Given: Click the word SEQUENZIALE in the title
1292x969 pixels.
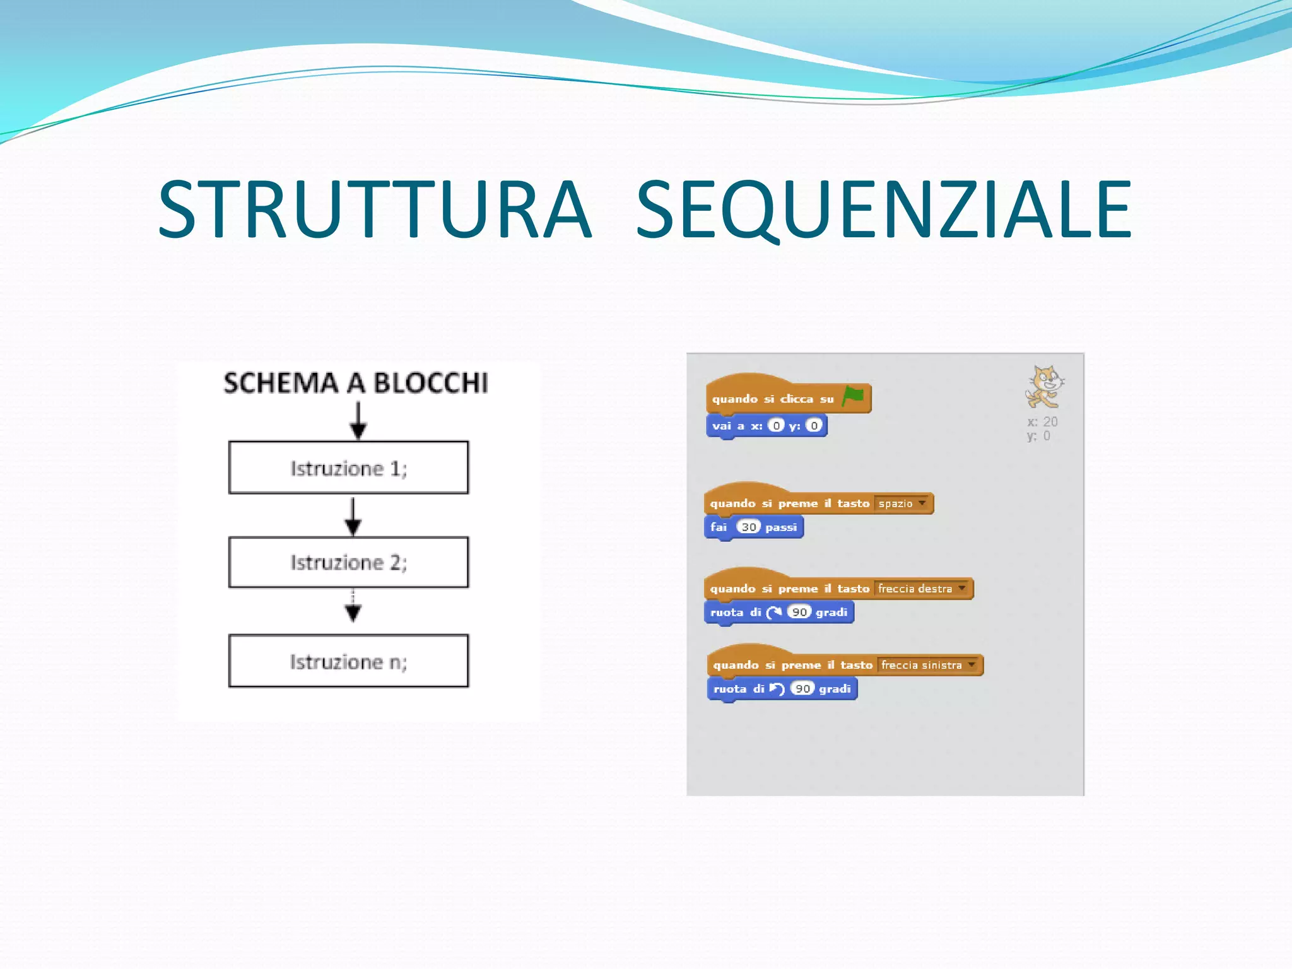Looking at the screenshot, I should pos(883,209).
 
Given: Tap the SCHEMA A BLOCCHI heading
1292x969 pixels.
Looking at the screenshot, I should pos(356,383).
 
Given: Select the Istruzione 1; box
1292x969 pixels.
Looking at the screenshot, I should pos(348,467).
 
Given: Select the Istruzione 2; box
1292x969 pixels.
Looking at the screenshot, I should pos(348,562).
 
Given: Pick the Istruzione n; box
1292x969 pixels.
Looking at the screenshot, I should pos(348,661).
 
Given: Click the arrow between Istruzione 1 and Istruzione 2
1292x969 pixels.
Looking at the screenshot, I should pos(353,516).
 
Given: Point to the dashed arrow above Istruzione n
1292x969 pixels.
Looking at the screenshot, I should pos(353,606).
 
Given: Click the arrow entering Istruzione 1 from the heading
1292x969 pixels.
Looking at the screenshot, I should pos(358,421).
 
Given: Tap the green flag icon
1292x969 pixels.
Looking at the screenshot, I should pos(853,397).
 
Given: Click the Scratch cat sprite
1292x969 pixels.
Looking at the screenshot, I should pos(1044,387).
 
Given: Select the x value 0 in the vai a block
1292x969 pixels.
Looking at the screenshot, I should pos(776,426).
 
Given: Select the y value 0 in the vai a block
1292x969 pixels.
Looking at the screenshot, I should pos(814,426).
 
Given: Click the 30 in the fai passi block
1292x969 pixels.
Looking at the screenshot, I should pos(748,527).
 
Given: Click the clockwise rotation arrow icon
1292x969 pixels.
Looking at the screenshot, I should pos(774,612).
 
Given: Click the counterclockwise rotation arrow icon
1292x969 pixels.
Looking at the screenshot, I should pos(777,688).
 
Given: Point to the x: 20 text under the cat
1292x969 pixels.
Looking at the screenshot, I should pos(1042,421).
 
